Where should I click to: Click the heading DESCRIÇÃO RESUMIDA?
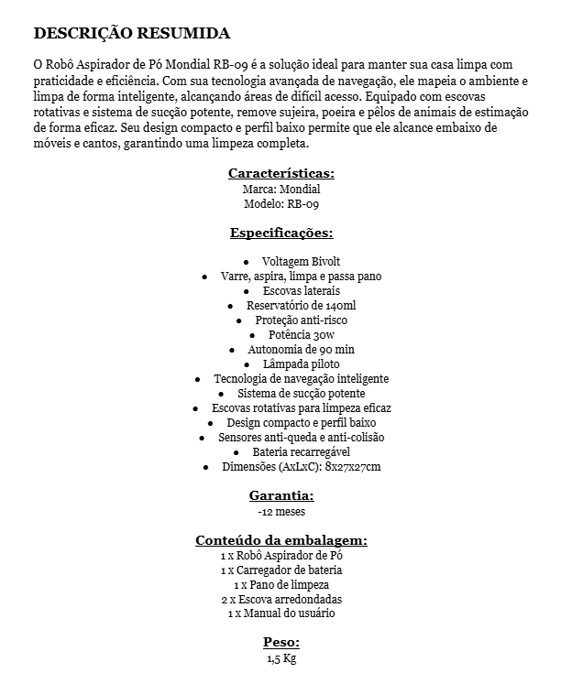(x=131, y=34)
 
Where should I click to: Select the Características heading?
(x=280, y=172)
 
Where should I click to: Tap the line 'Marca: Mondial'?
(x=280, y=189)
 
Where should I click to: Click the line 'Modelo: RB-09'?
(x=281, y=204)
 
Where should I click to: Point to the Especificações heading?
(x=280, y=233)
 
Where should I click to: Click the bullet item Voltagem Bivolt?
(x=289, y=261)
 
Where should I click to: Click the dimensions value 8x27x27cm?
(x=353, y=467)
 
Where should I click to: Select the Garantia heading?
(x=280, y=495)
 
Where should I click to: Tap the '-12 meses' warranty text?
(x=281, y=512)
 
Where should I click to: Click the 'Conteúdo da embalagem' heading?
(x=281, y=539)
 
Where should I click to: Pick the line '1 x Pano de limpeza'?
(x=281, y=584)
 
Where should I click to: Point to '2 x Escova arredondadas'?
(x=281, y=599)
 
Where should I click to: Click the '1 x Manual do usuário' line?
(x=281, y=613)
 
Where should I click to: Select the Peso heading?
(x=281, y=642)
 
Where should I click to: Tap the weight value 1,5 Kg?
(x=281, y=658)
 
